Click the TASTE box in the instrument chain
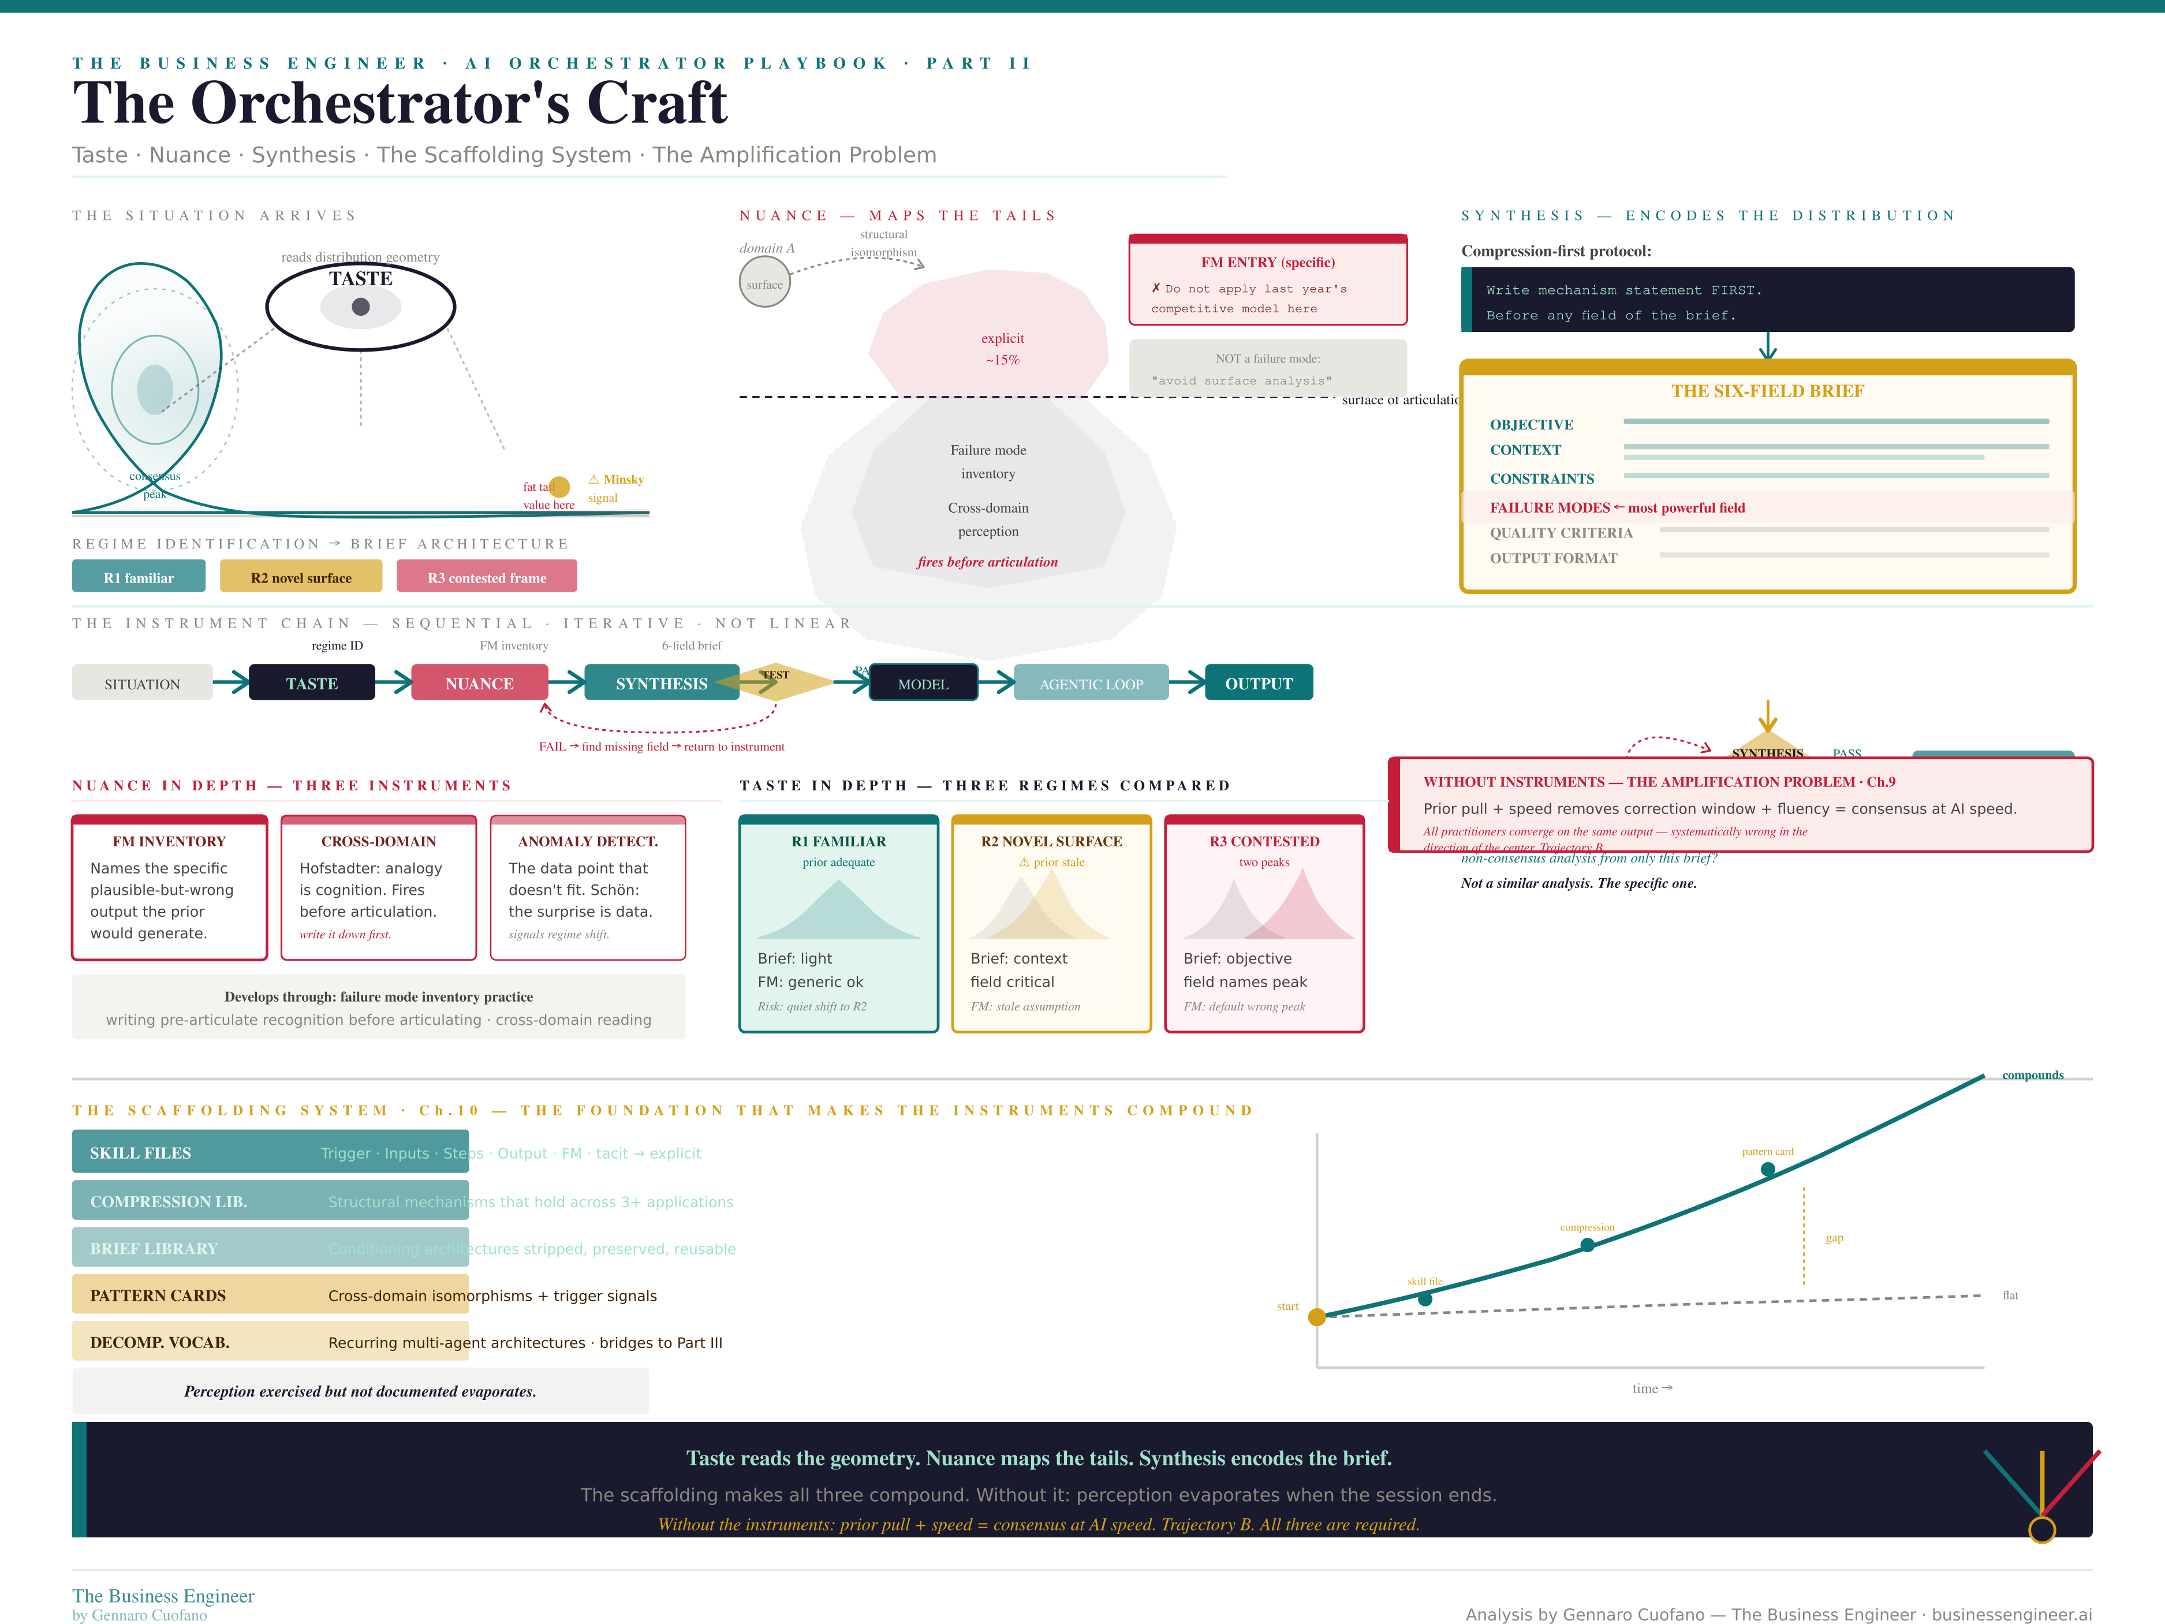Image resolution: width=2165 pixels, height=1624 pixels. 311,684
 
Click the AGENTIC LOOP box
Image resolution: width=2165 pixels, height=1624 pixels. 1091,684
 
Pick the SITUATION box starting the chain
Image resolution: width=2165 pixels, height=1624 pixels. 142,684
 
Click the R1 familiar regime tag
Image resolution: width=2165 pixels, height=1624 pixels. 138,577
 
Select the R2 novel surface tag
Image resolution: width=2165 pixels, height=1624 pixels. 300,577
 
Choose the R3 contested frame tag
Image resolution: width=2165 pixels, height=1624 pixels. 487,577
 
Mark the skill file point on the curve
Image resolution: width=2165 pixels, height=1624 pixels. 1425,1298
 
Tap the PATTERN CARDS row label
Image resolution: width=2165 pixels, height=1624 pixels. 158,1295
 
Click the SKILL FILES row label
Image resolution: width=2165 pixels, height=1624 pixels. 140,1152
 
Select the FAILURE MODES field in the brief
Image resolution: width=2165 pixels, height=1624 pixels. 1550,507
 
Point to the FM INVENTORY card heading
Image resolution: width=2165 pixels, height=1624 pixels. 169,841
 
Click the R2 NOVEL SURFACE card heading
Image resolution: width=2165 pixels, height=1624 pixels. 1051,841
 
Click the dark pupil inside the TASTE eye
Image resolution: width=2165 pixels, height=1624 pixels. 360,307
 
